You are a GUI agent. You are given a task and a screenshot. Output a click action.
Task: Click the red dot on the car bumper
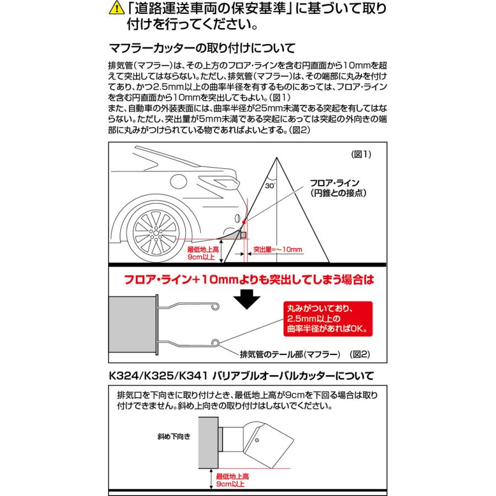(244, 223)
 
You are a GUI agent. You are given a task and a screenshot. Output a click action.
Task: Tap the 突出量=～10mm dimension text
(278, 250)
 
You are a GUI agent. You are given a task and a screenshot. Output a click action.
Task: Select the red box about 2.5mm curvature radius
(327, 319)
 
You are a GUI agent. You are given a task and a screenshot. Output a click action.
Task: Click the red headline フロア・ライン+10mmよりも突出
(247, 280)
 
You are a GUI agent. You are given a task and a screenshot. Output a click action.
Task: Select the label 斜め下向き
(175, 437)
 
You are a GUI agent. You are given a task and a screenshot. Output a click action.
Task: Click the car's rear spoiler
(223, 182)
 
